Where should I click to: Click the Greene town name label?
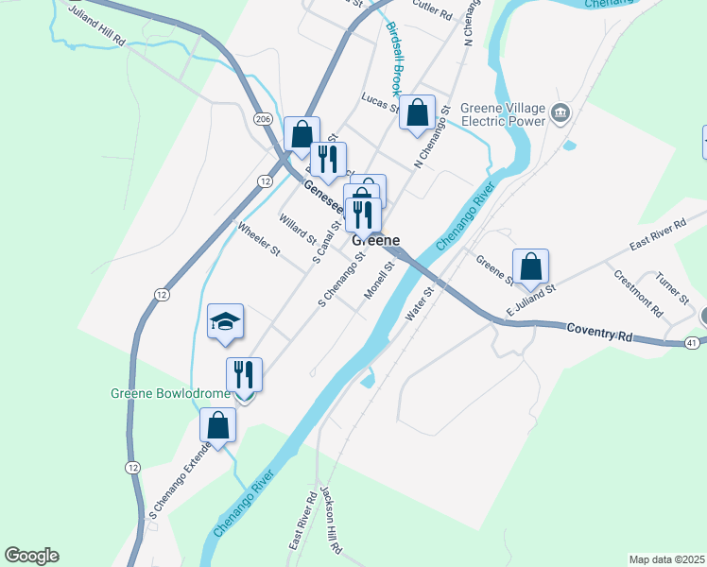[x=375, y=240]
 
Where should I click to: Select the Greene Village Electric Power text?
[x=504, y=114]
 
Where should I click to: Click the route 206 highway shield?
[x=264, y=118]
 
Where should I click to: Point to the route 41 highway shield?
[x=693, y=342]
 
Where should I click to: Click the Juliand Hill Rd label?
[x=96, y=29]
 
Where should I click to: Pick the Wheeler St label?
[x=259, y=239]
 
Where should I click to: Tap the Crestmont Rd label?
[x=638, y=292]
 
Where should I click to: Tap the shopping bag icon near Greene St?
[x=531, y=267]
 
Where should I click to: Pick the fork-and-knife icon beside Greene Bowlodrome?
[x=244, y=375]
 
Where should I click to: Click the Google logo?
[x=31, y=556]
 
